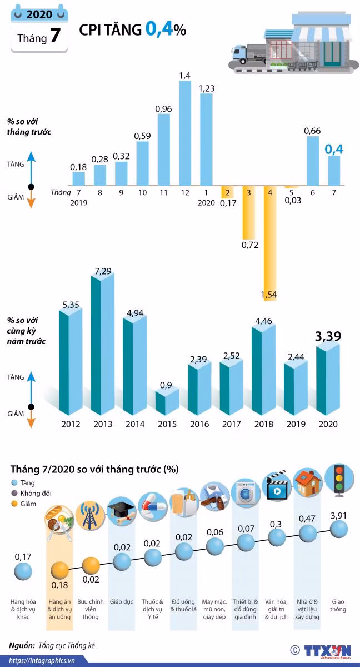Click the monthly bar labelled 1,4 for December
(x=185, y=133)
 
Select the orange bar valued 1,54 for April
(x=270, y=243)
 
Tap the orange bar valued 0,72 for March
(x=249, y=212)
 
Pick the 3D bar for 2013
(x=103, y=344)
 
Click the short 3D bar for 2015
(x=167, y=402)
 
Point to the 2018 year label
(x=263, y=424)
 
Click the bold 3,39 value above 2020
(x=328, y=336)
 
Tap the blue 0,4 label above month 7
(x=334, y=149)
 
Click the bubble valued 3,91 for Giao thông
(x=338, y=529)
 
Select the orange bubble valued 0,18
(x=59, y=570)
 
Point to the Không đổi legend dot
(x=14, y=493)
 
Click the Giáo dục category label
(x=121, y=601)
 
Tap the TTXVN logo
(x=327, y=651)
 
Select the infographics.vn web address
(x=42, y=660)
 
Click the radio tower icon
(x=90, y=515)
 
